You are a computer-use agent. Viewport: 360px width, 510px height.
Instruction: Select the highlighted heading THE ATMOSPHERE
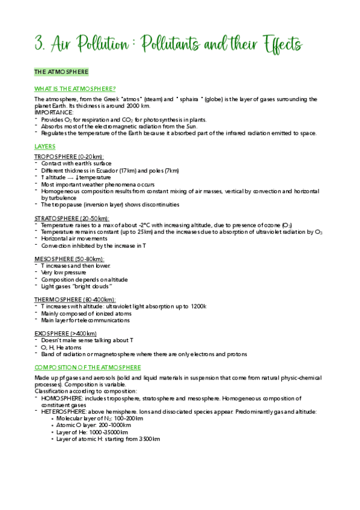[x=61, y=72]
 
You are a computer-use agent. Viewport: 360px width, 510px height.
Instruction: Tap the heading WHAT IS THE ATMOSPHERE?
[x=75, y=89]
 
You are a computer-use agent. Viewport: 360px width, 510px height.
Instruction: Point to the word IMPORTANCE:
[x=53, y=112]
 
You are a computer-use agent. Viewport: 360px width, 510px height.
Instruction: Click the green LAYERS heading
[x=45, y=146]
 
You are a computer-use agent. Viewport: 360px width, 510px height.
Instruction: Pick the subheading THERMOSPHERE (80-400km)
[x=75, y=300]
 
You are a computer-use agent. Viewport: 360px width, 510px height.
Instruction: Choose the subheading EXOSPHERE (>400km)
[x=66, y=333]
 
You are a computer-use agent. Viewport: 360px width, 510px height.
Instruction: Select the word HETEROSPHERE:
[x=67, y=412]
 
